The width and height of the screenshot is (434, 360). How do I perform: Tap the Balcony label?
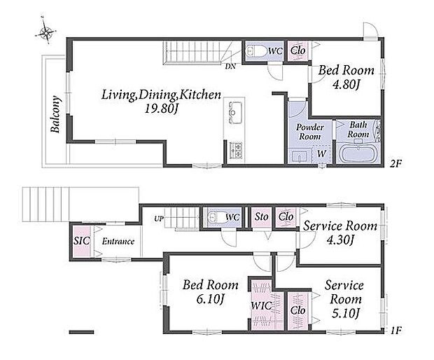click(55, 114)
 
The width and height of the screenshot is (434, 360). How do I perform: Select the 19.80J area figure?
click(161, 109)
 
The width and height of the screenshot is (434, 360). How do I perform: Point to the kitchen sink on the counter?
click(235, 113)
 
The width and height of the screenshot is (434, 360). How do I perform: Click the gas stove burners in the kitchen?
click(236, 150)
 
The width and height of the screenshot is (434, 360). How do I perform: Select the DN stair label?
click(230, 67)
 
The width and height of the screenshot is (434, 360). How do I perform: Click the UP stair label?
click(159, 219)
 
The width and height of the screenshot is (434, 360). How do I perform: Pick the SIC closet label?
click(82, 241)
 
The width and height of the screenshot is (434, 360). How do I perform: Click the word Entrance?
click(118, 242)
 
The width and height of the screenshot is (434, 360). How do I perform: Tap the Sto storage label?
click(261, 216)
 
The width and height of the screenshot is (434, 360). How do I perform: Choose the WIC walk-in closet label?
click(261, 306)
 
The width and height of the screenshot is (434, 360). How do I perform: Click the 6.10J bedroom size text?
click(211, 299)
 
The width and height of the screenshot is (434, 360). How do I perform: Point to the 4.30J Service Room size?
click(340, 240)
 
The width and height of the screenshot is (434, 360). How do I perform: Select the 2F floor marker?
click(395, 164)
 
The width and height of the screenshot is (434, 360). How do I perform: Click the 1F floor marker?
click(396, 330)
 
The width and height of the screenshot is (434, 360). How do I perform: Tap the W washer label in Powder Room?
click(321, 153)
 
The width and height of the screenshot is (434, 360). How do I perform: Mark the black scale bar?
click(81, 332)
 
